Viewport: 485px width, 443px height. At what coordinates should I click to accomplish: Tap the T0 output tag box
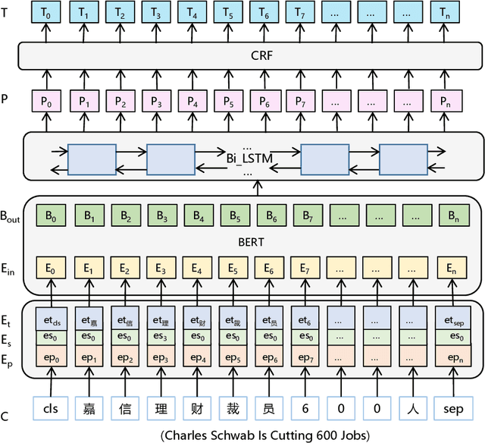tap(49, 14)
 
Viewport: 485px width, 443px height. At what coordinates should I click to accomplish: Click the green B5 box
tap(233, 215)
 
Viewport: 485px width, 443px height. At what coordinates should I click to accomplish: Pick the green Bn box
tap(453, 215)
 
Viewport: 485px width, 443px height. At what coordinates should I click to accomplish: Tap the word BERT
tap(250, 241)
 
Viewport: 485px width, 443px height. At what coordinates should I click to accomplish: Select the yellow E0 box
tap(52, 268)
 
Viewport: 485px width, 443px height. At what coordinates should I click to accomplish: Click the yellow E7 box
tap(306, 268)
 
